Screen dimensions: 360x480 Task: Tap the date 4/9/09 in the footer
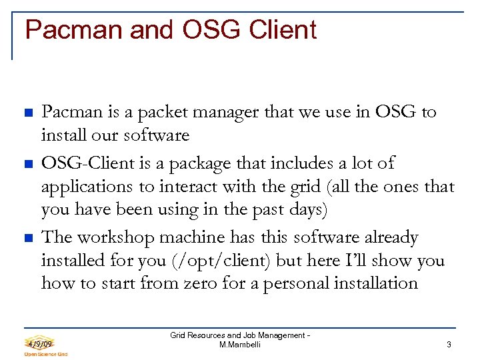click(x=39, y=343)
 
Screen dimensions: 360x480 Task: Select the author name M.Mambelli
click(x=239, y=345)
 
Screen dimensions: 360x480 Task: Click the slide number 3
click(x=449, y=345)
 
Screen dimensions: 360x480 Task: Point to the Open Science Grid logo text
click(x=45, y=354)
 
